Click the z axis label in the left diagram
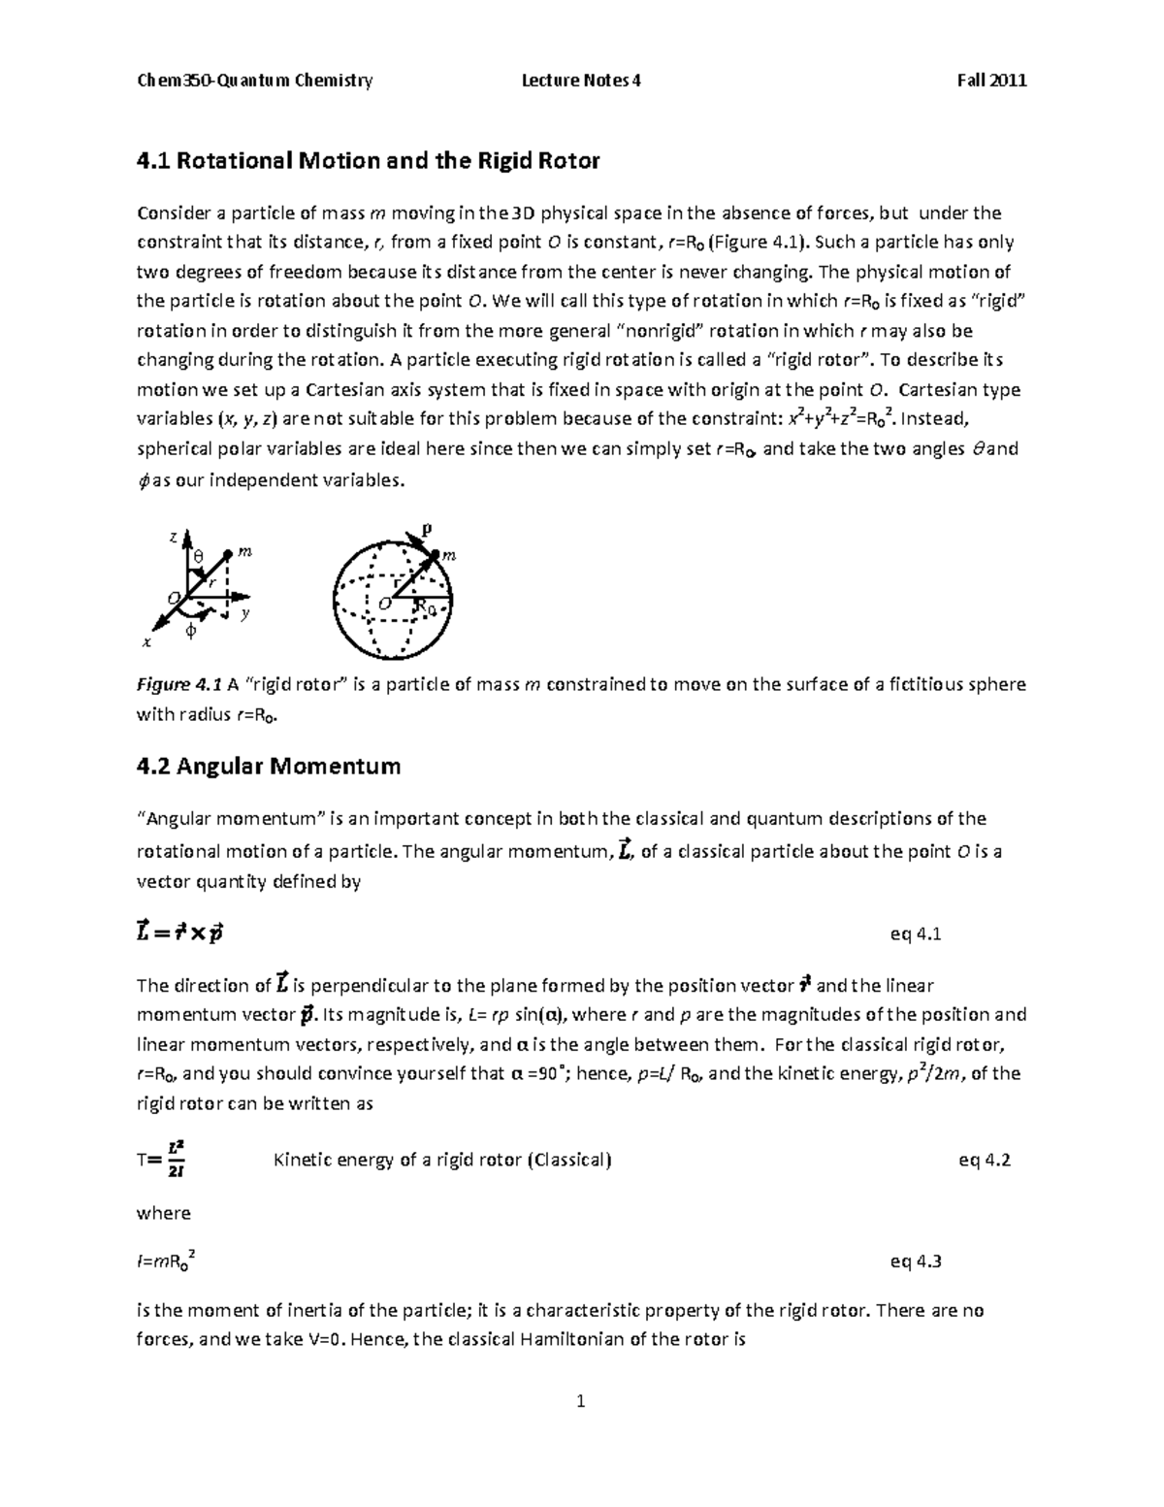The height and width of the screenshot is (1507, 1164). (x=173, y=537)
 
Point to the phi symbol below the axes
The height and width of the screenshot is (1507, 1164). (x=190, y=632)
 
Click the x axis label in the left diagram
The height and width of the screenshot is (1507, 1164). (x=146, y=642)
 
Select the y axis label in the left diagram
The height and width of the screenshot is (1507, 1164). (x=246, y=613)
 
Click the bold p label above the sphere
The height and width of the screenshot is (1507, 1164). (x=425, y=529)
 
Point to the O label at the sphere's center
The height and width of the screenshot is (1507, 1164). (x=384, y=604)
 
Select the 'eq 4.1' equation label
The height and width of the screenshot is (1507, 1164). (x=916, y=934)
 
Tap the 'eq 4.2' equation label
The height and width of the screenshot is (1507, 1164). (x=984, y=1160)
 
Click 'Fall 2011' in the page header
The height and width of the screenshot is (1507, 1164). (x=991, y=81)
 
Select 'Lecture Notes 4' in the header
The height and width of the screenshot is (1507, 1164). (x=581, y=81)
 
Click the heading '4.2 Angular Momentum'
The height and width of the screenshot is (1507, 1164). (x=269, y=766)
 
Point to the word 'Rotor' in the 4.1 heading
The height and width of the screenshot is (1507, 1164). (x=568, y=160)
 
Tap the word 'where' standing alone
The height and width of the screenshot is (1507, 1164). (x=164, y=1213)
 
